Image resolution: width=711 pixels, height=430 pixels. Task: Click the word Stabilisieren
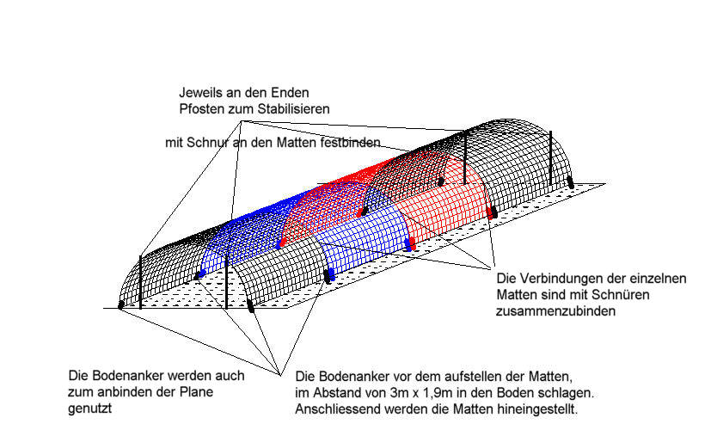(x=293, y=109)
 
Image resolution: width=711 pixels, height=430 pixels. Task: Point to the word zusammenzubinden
(x=556, y=311)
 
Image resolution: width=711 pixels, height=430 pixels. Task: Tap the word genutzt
(x=89, y=408)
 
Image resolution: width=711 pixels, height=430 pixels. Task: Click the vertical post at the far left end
(x=141, y=282)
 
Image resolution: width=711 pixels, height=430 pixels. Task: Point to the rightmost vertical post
(x=550, y=158)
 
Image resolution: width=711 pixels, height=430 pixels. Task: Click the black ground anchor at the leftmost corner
(x=120, y=304)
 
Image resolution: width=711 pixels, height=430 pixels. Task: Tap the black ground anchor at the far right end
(x=571, y=183)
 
